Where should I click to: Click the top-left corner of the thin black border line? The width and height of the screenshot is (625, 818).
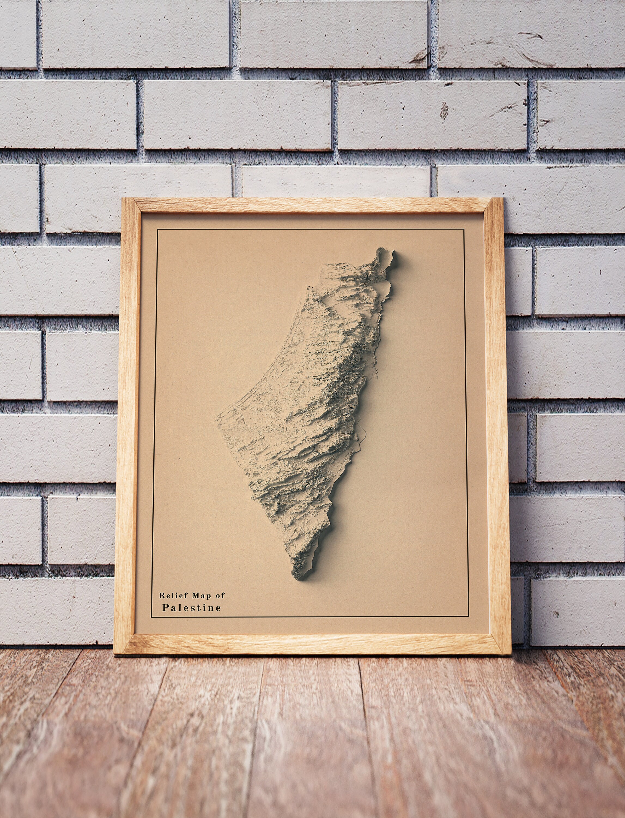pyautogui.click(x=157, y=230)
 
